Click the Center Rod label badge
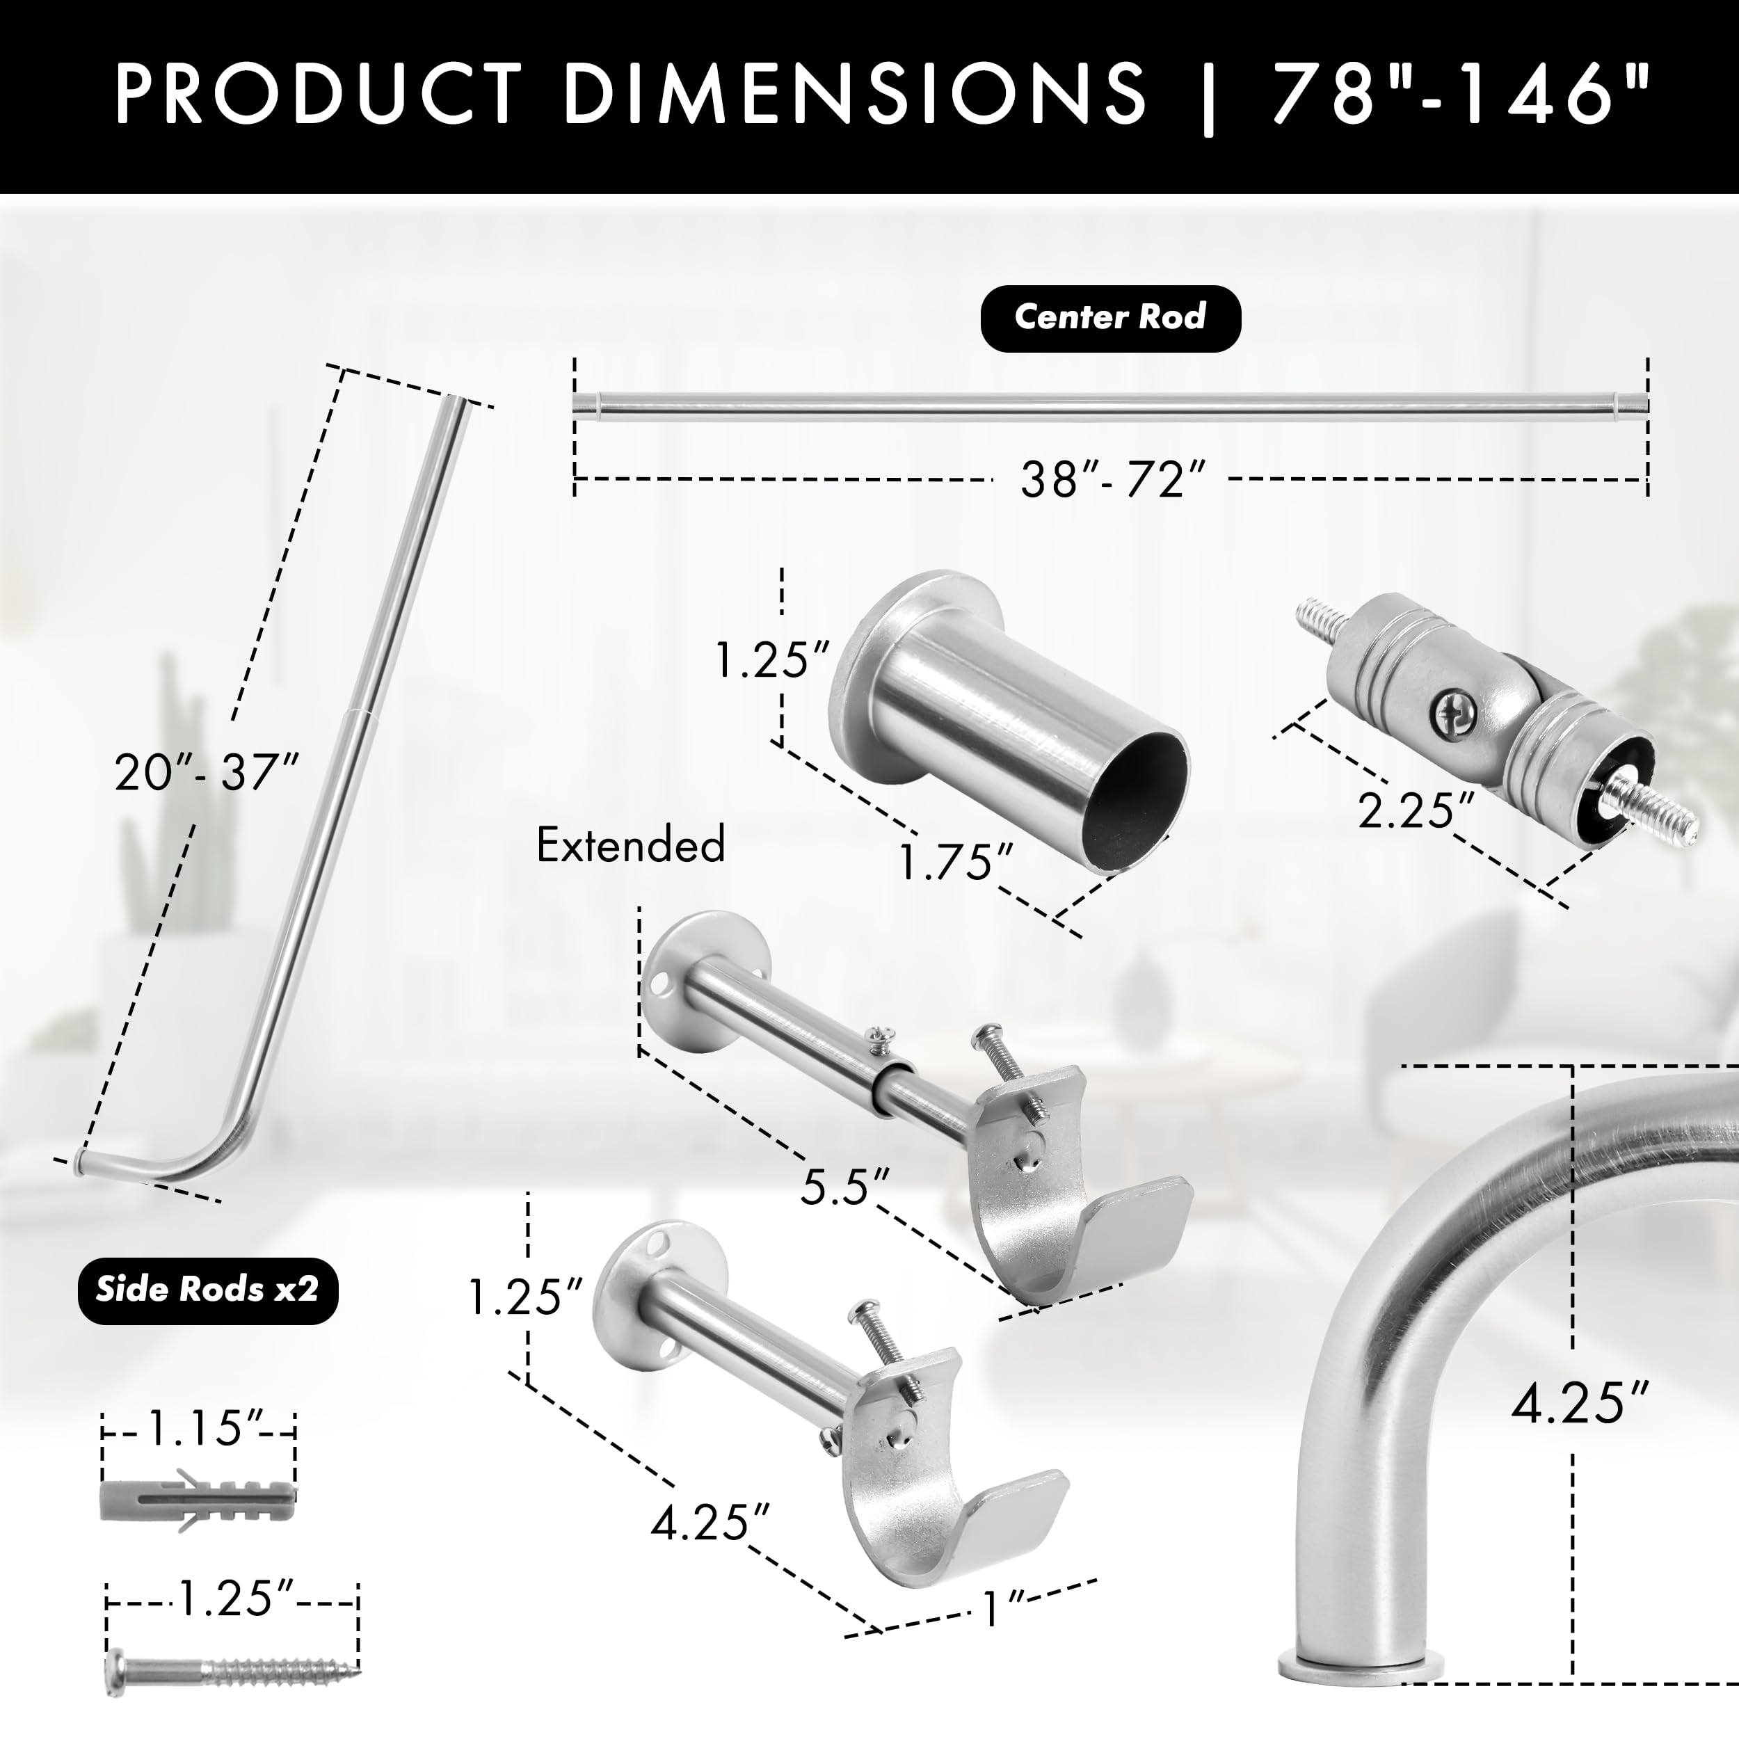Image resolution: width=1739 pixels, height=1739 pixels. click(x=1109, y=318)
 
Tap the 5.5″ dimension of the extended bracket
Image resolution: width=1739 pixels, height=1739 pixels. click(x=845, y=1187)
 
